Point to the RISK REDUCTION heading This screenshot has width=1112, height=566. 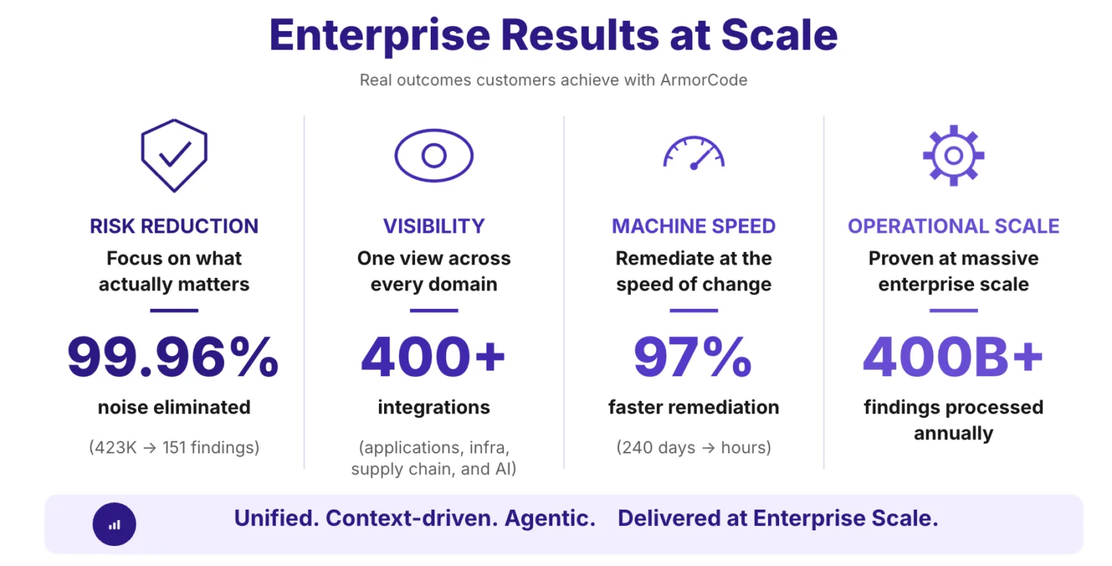pos(174,226)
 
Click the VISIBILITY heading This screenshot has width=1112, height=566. pos(434,226)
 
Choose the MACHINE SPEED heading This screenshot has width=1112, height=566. pos(693,226)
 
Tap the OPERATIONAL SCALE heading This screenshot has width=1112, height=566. pos(953,226)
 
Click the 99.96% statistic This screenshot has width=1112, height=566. pos(173,356)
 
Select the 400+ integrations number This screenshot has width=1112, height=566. pos(434,356)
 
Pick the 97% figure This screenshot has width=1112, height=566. pos(693,356)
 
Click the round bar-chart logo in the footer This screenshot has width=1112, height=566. pos(114,525)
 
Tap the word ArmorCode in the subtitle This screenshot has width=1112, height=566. pos(704,80)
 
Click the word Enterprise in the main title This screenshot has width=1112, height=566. pos(380,36)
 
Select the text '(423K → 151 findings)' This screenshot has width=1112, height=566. pos(174,447)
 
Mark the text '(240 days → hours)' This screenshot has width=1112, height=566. pos(694,447)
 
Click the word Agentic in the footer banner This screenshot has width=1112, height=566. pos(550,519)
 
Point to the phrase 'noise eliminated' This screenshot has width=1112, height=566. pos(174,407)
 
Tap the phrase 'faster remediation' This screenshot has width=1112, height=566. pos(694,407)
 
